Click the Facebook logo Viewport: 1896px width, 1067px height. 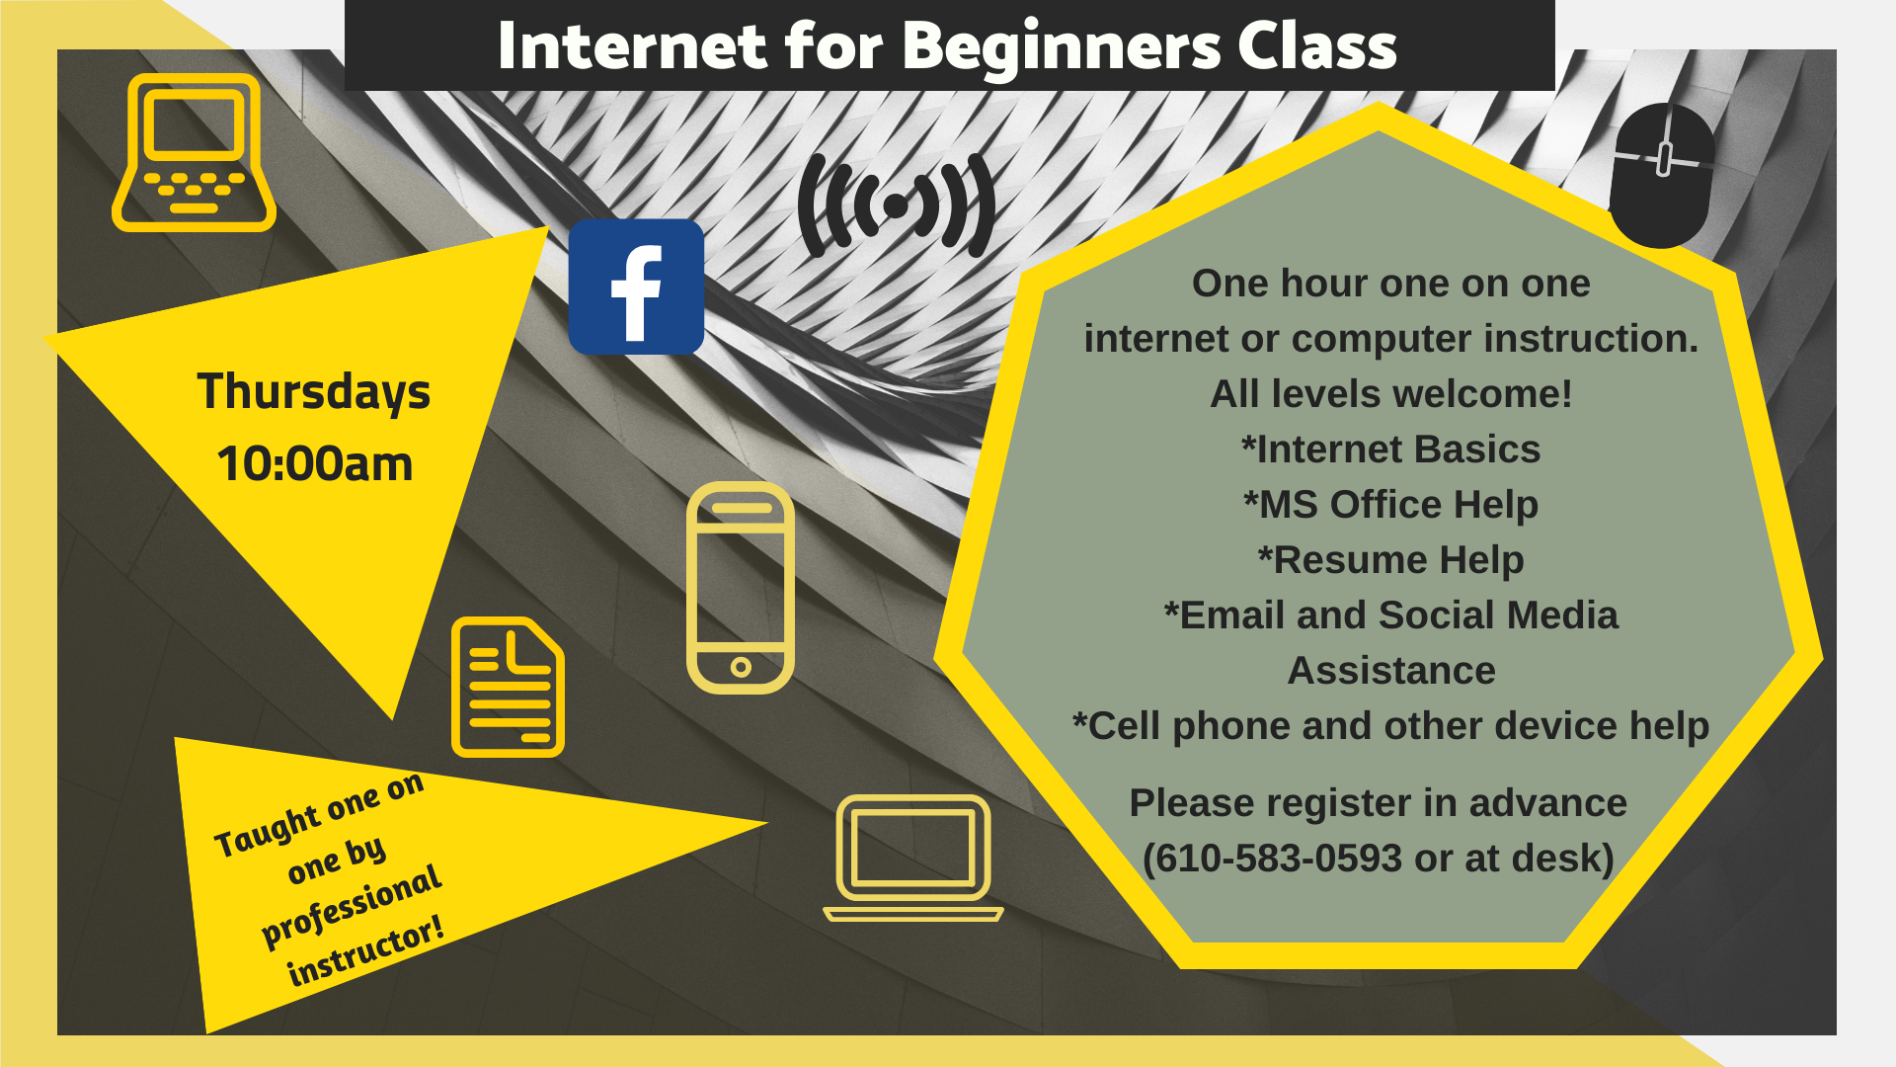[x=636, y=287]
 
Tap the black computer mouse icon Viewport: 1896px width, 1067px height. [x=1663, y=176]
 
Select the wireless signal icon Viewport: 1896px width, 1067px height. [x=897, y=205]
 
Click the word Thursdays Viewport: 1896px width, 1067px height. [x=314, y=391]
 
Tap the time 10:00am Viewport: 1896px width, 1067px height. [x=315, y=463]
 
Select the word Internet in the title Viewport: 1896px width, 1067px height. [x=632, y=45]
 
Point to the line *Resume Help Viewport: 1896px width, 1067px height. [x=1390, y=560]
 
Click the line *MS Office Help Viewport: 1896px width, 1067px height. [x=1390, y=505]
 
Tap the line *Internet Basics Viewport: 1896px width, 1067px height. [x=1390, y=450]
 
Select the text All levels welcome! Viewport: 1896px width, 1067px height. [x=1390, y=394]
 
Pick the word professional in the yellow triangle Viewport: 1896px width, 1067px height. [x=352, y=905]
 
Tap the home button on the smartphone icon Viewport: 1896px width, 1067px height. [x=741, y=667]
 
